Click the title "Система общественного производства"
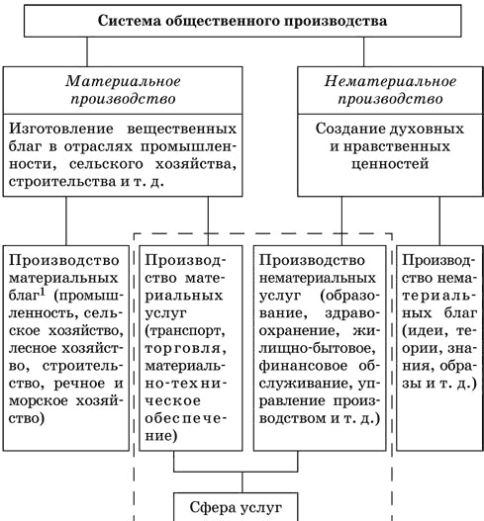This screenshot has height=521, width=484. (242, 21)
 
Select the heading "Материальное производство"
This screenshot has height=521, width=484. (123, 90)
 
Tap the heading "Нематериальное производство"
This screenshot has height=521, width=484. (390, 90)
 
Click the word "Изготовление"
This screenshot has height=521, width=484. (61, 129)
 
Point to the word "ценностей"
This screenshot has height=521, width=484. (390, 164)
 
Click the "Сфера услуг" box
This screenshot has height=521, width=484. (236, 506)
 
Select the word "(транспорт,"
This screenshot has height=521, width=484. (185, 331)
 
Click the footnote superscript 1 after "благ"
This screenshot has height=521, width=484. (43, 292)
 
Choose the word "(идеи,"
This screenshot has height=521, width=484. (423, 331)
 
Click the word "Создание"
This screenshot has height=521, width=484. (348, 129)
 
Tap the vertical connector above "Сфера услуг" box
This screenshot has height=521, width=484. (242, 482)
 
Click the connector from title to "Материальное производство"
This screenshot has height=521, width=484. (87, 51)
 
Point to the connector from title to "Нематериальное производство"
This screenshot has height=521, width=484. (363, 51)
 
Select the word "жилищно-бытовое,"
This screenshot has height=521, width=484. (316, 348)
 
